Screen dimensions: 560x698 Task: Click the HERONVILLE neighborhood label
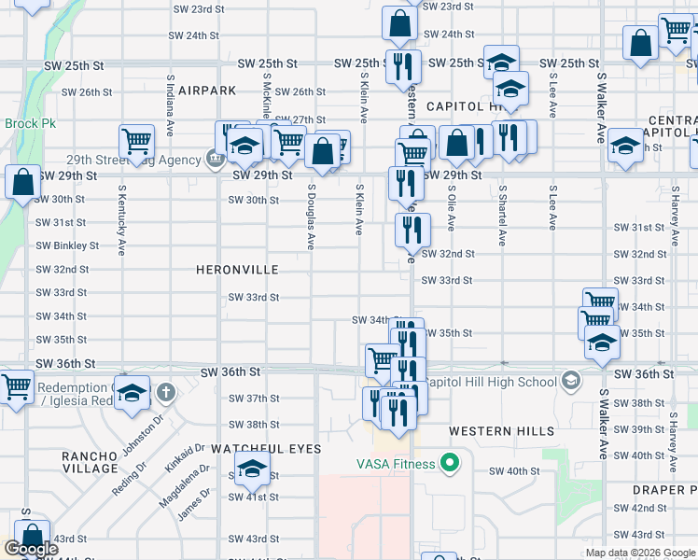click(x=237, y=269)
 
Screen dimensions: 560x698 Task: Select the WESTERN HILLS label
click(x=501, y=431)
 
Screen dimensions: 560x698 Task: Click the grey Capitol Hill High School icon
click(x=570, y=381)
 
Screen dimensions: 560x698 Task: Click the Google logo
click(x=32, y=549)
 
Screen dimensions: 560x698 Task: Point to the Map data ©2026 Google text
click(x=640, y=553)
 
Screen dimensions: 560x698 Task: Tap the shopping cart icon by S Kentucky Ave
click(x=136, y=142)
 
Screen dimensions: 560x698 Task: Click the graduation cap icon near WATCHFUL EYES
click(x=250, y=469)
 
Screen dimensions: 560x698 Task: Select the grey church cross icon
click(x=165, y=391)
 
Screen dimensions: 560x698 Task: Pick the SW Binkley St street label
click(x=67, y=245)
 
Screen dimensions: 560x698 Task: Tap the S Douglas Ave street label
click(x=311, y=216)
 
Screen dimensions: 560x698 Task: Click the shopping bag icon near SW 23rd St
click(x=399, y=24)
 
